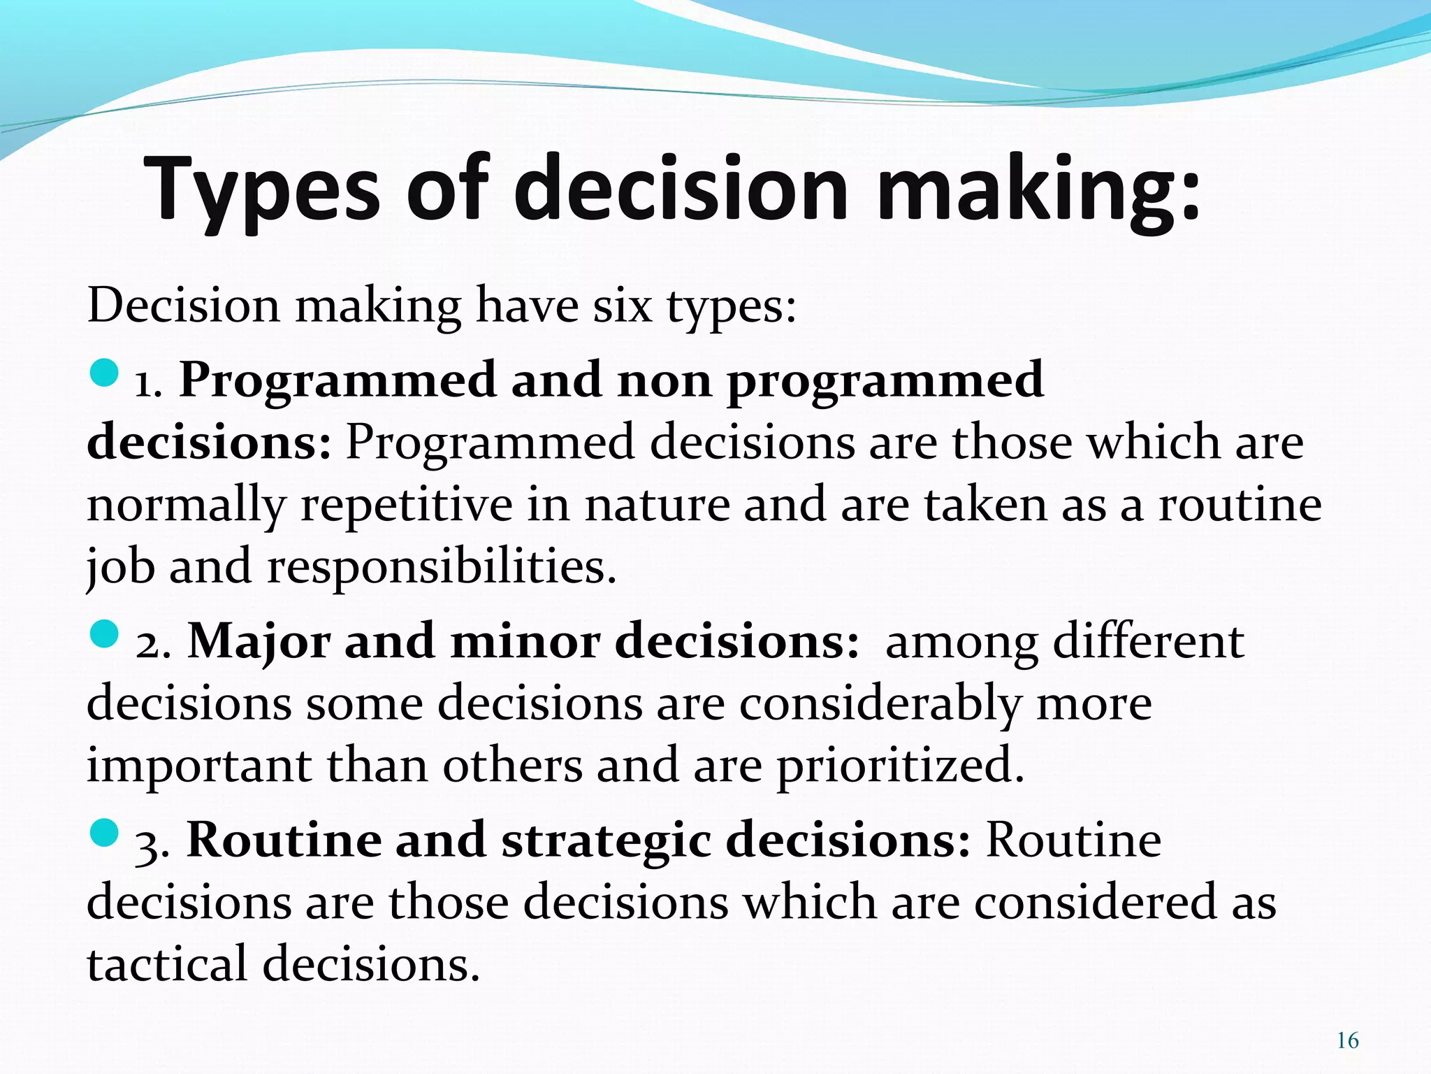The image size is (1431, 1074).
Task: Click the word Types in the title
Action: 262,189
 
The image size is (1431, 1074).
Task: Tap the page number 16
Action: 1347,1040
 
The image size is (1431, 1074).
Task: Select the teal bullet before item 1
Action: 104,373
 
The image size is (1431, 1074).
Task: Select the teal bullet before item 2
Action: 104,634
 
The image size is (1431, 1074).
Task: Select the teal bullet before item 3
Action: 104,833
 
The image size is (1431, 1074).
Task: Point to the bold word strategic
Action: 606,840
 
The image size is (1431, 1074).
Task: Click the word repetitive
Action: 406,505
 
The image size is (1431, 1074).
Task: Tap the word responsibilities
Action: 442,566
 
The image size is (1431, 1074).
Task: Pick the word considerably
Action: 880,703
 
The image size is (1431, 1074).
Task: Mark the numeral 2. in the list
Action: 152,643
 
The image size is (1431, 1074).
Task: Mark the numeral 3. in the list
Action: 152,843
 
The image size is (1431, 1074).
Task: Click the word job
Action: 119,566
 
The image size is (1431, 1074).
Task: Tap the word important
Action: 198,765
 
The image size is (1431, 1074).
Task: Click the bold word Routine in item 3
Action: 283,840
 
